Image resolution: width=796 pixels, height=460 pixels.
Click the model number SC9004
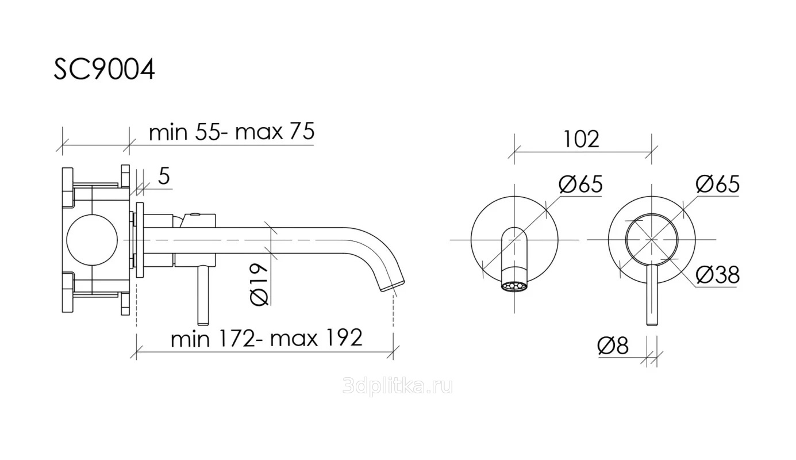tap(104, 70)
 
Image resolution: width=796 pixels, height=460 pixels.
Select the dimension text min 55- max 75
tap(232, 132)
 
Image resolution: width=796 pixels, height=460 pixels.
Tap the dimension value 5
tap(164, 176)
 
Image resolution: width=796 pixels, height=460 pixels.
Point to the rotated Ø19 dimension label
tap(259, 285)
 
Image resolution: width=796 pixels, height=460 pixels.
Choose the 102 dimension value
tap(582, 139)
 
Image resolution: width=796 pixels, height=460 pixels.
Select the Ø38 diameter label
tap(717, 275)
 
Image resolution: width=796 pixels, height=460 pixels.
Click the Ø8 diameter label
tap(613, 346)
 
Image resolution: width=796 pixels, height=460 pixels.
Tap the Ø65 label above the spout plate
tap(580, 184)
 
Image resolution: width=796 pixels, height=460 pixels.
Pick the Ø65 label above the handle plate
tap(717, 184)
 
